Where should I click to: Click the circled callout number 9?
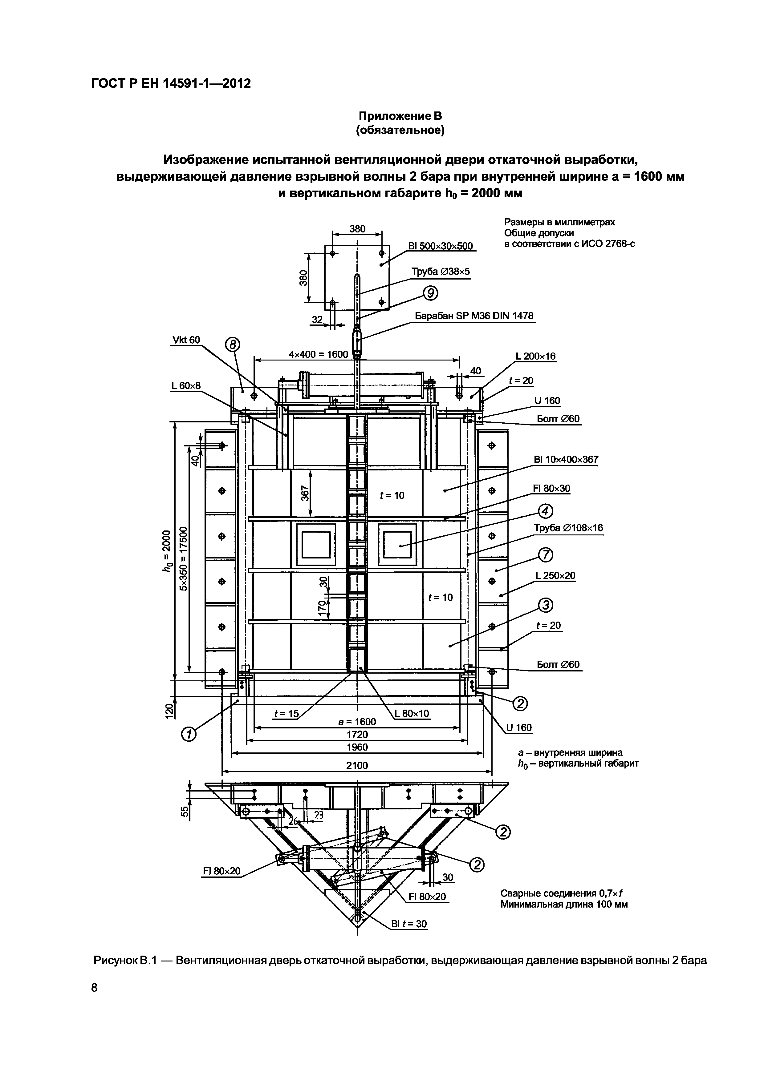(x=431, y=293)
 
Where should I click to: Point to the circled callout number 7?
(x=545, y=555)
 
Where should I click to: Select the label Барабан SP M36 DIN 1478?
(x=474, y=316)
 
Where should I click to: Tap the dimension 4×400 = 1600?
(x=318, y=354)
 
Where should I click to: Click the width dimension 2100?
(x=357, y=765)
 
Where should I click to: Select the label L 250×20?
(x=555, y=575)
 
